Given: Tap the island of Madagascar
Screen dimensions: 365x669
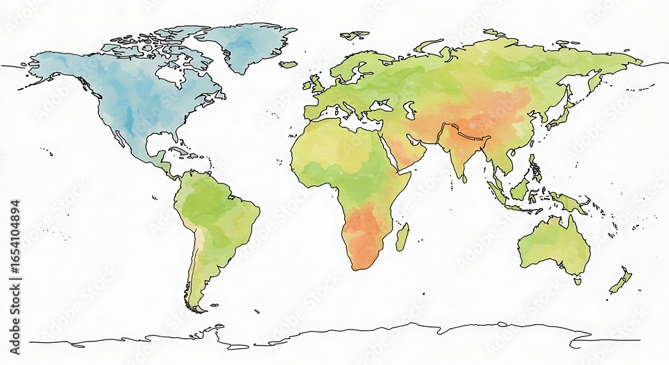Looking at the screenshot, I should point(401,236).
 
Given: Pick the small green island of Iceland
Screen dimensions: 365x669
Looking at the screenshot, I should point(288,64).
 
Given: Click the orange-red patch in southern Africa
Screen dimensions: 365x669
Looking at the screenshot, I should point(361,231).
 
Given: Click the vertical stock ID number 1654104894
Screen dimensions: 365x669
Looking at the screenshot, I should point(15,248).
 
